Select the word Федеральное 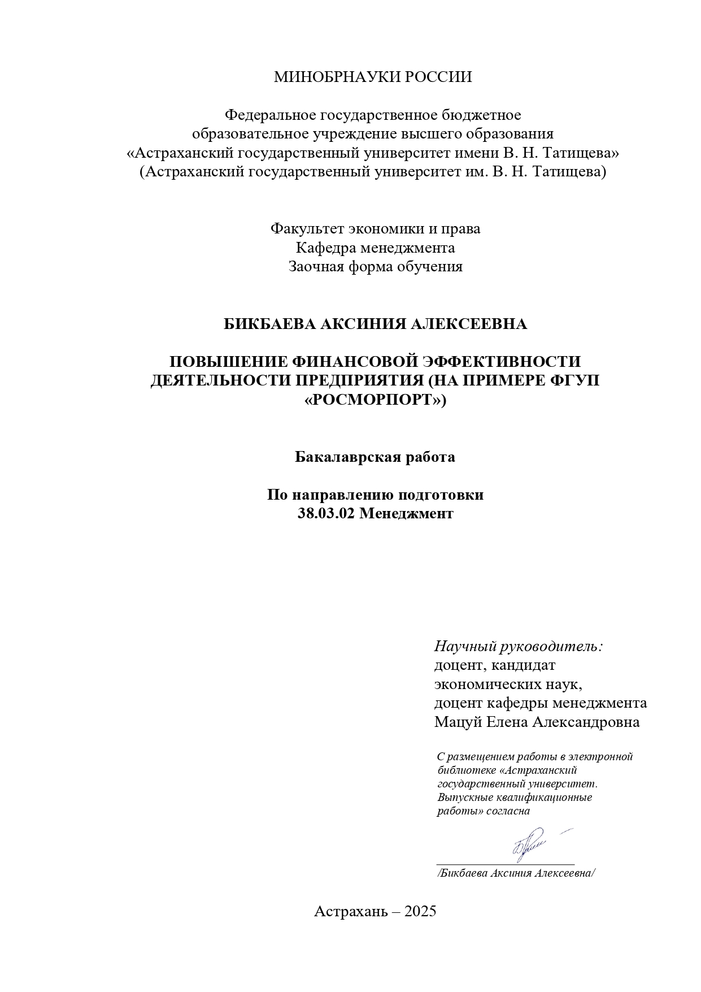[x=271, y=115]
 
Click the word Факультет [x=307, y=229]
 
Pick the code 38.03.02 [x=325, y=514]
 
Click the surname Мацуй [x=455, y=722]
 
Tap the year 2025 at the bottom [x=417, y=911]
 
